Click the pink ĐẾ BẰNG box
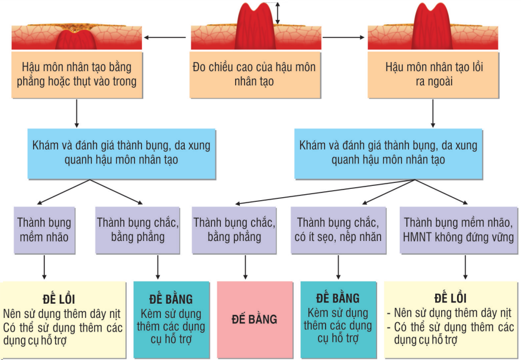click(x=255, y=320)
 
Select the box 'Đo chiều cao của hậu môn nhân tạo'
click(x=255, y=75)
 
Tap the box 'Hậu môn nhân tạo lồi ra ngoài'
click(x=433, y=75)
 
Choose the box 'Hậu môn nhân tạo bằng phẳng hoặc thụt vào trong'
click(x=77, y=75)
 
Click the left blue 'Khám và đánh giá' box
click(x=121, y=154)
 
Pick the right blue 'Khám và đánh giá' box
click(x=388, y=154)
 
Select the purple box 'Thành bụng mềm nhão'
click(x=44, y=230)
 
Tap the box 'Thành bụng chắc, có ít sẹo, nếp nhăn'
click(x=338, y=230)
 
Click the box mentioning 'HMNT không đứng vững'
click(x=458, y=230)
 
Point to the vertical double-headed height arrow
click(x=278, y=13)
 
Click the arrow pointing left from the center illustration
click(x=165, y=37)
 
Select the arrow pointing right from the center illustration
click(x=343, y=37)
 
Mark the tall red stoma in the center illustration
click(x=255, y=27)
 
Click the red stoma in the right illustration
click(x=432, y=27)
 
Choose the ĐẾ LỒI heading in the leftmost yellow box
click(x=59, y=299)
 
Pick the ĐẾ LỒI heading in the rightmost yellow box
click(x=451, y=298)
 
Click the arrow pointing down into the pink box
click(x=245, y=267)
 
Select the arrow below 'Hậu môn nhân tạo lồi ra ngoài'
click(x=433, y=114)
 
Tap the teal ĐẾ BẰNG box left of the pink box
click(x=172, y=320)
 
